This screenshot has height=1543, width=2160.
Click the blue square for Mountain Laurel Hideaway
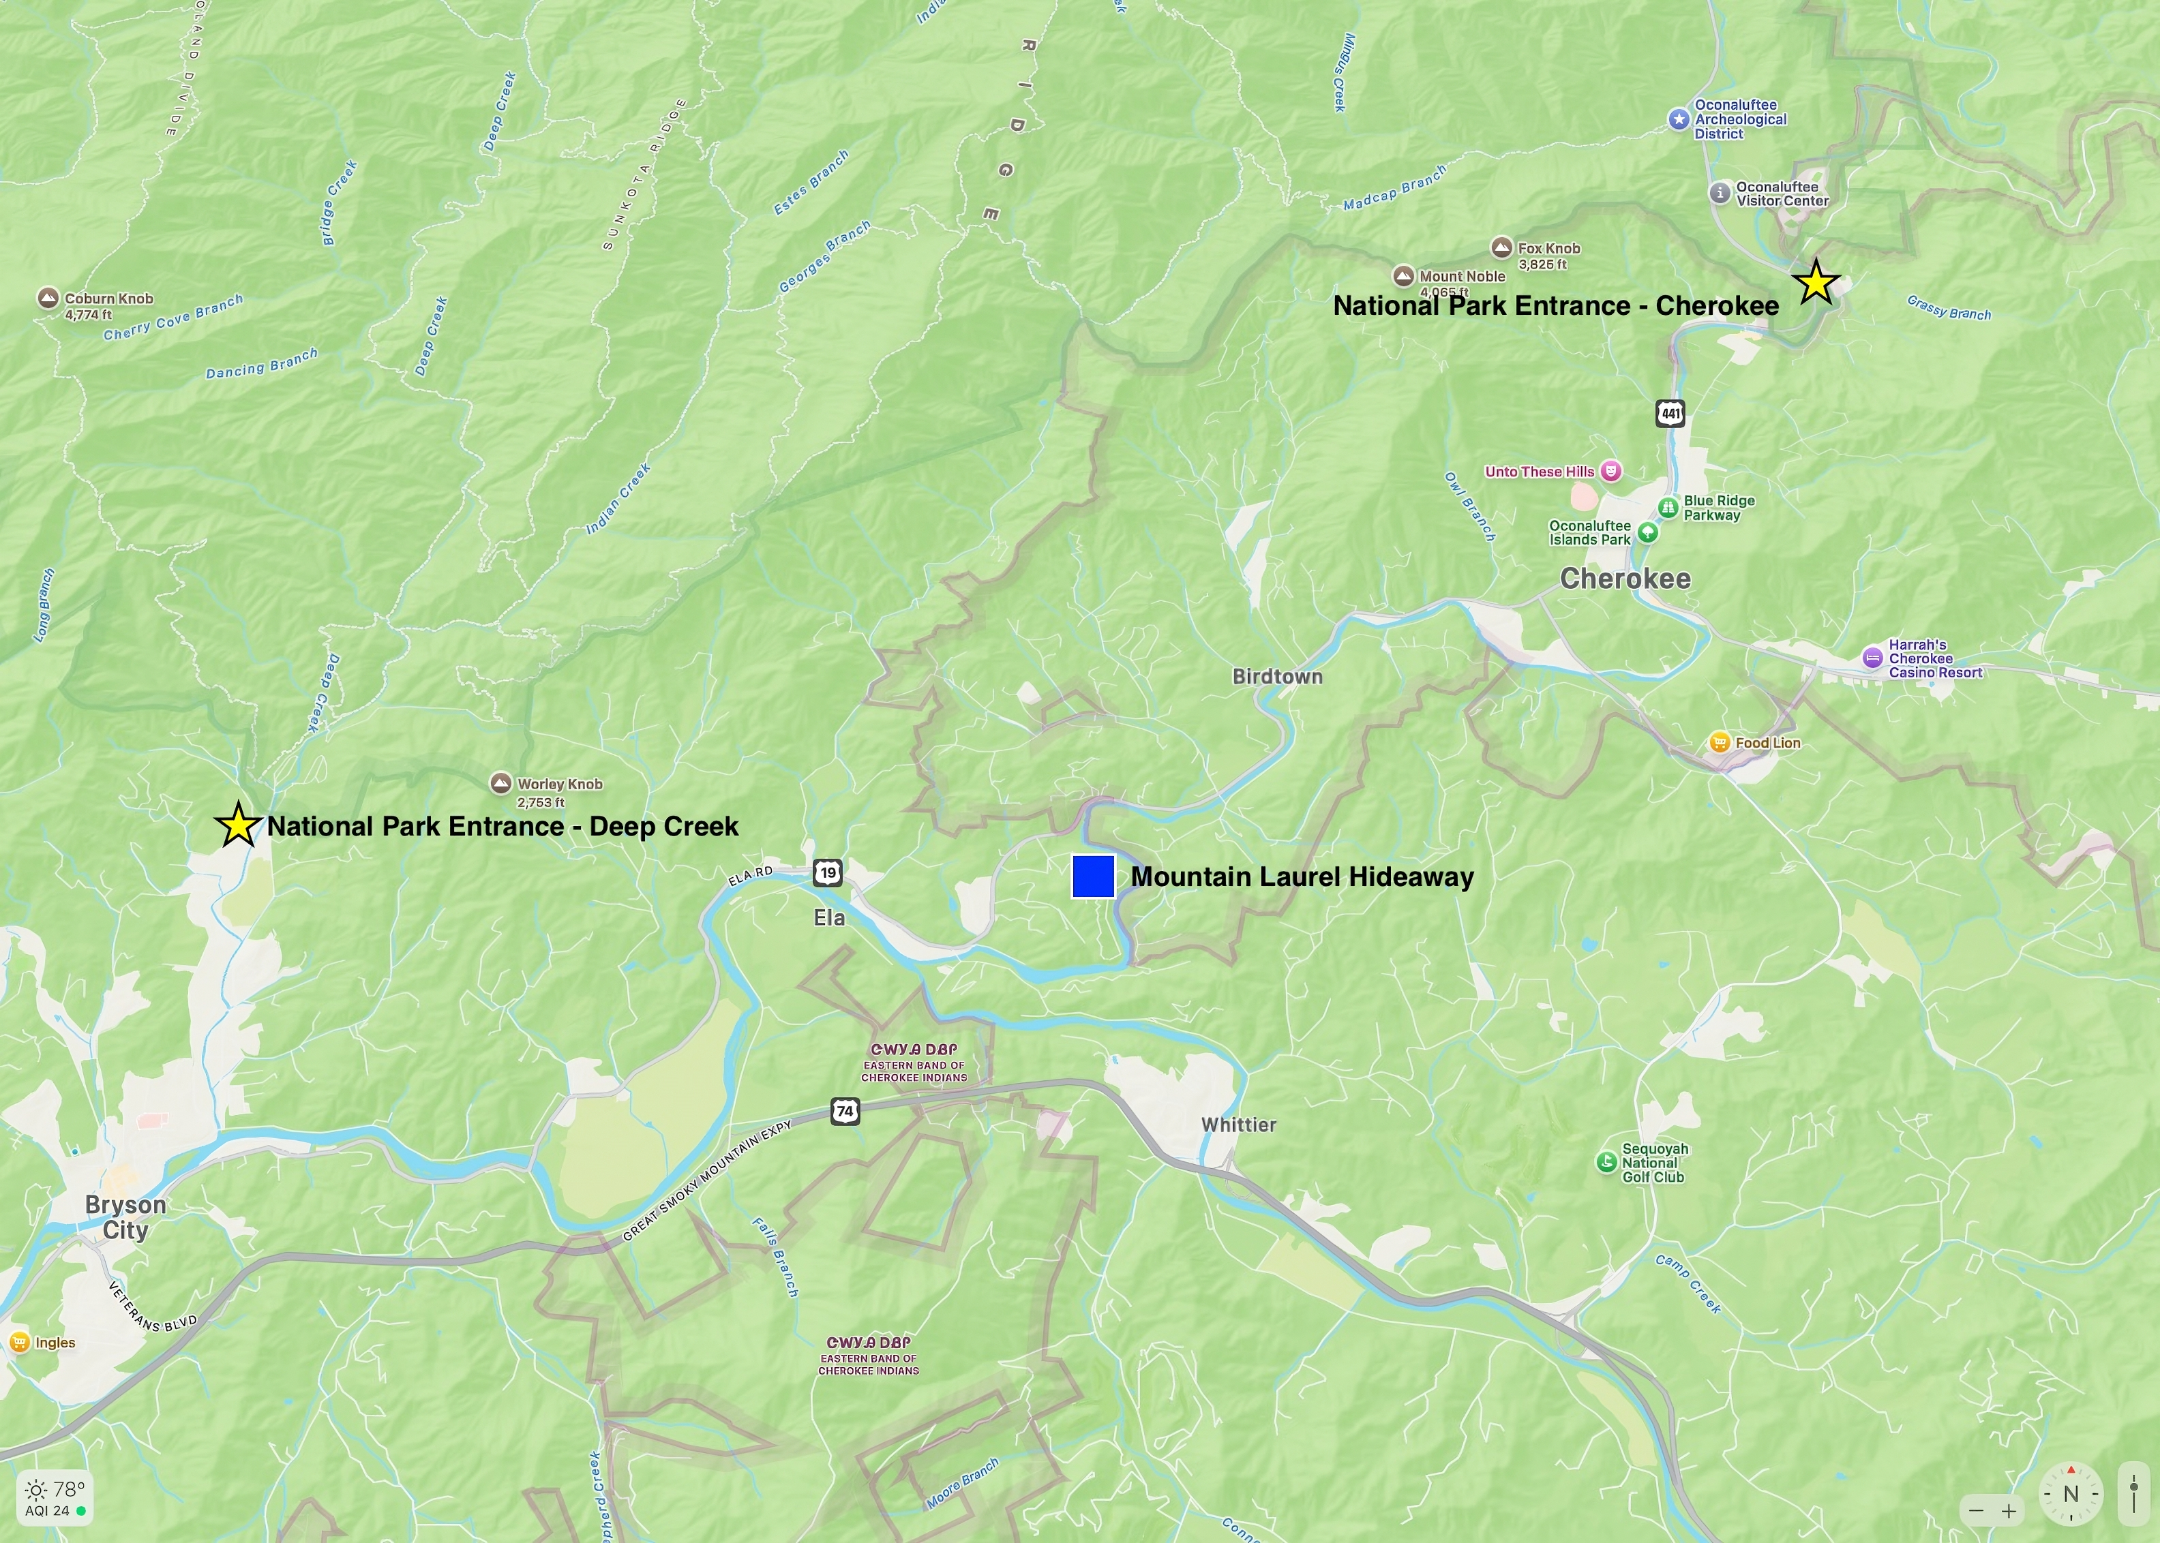pyautogui.click(x=1093, y=876)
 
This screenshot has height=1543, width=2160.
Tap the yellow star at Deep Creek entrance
pyautogui.click(x=237, y=825)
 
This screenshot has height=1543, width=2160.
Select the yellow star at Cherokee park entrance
pyautogui.click(x=1815, y=283)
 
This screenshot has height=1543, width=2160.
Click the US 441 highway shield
pyautogui.click(x=1670, y=413)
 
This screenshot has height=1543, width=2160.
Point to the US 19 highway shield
pyautogui.click(x=828, y=872)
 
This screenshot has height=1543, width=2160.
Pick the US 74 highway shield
pyautogui.click(x=845, y=1111)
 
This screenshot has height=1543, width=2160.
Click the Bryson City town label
pyautogui.click(x=125, y=1217)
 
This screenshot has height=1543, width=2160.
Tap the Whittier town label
pyautogui.click(x=1238, y=1125)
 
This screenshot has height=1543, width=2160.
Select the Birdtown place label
pyautogui.click(x=1277, y=677)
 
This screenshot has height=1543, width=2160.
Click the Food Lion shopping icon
pyautogui.click(x=1718, y=743)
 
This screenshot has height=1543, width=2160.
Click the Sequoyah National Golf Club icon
pyautogui.click(x=1606, y=1162)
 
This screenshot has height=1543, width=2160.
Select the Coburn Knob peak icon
pyautogui.click(x=48, y=299)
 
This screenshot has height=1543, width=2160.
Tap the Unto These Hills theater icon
pyautogui.click(x=1610, y=471)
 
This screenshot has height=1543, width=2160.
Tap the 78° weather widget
pyautogui.click(x=55, y=1498)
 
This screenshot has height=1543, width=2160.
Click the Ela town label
pyautogui.click(x=828, y=918)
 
